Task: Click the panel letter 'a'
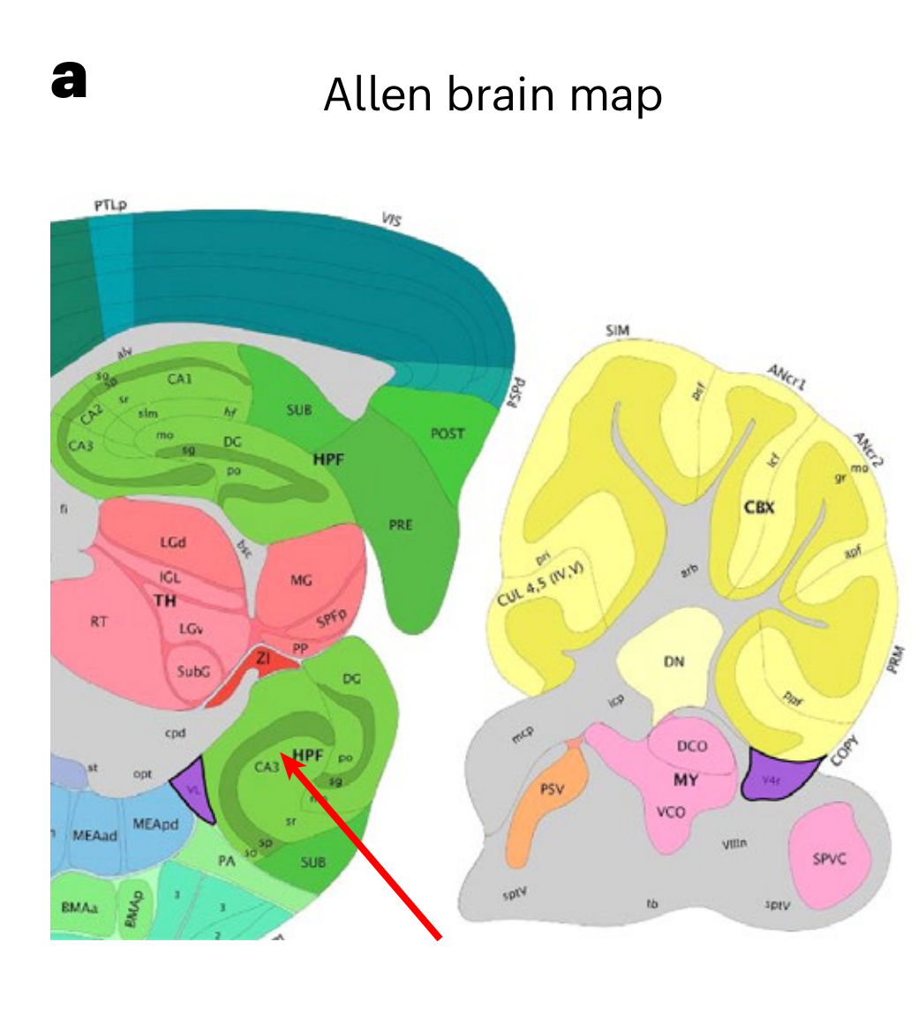69,82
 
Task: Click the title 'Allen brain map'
493,94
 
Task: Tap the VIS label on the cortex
391,218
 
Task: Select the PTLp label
111,206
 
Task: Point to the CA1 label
179,380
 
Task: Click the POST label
448,433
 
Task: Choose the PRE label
401,524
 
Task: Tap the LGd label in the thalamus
173,541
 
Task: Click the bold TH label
165,601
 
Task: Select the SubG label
193,671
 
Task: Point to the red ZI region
263,659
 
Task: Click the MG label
302,580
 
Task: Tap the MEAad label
94,836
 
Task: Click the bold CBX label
758,508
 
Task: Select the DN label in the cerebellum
673,662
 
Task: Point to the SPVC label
830,858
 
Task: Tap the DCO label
692,746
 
